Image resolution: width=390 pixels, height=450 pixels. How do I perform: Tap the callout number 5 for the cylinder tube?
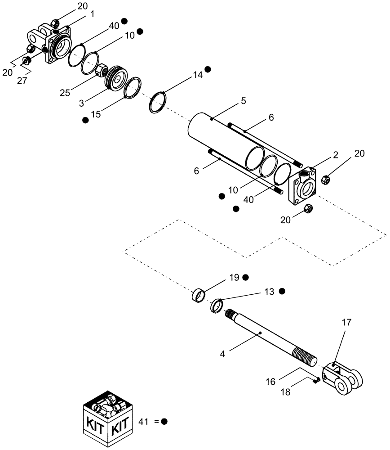243,101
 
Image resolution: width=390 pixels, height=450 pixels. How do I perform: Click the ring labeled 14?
157,103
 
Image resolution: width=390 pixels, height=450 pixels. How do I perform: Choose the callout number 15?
96,115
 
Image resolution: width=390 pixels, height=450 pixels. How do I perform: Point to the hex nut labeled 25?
101,70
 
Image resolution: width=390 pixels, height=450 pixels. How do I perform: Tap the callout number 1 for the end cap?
92,14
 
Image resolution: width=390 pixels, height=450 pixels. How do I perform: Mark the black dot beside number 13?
282,291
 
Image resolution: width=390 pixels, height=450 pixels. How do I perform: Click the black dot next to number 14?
208,69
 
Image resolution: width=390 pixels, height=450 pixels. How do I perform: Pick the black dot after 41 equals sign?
164,422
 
